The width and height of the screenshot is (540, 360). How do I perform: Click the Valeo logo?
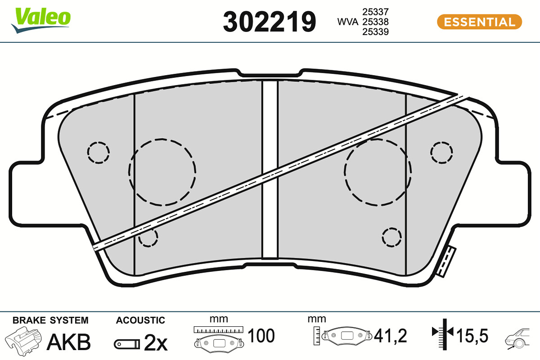tap(41, 20)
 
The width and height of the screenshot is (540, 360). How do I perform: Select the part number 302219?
tap(269, 22)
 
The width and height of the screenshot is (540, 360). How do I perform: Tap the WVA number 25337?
tap(375, 12)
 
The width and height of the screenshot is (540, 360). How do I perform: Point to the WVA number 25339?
tap(375, 31)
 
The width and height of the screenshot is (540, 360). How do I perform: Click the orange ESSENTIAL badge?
tap(479, 22)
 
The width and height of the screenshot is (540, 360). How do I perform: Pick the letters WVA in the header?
tap(347, 22)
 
